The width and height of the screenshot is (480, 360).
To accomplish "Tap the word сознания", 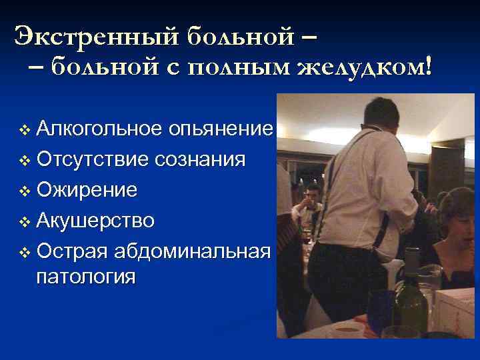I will point(200,160).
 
